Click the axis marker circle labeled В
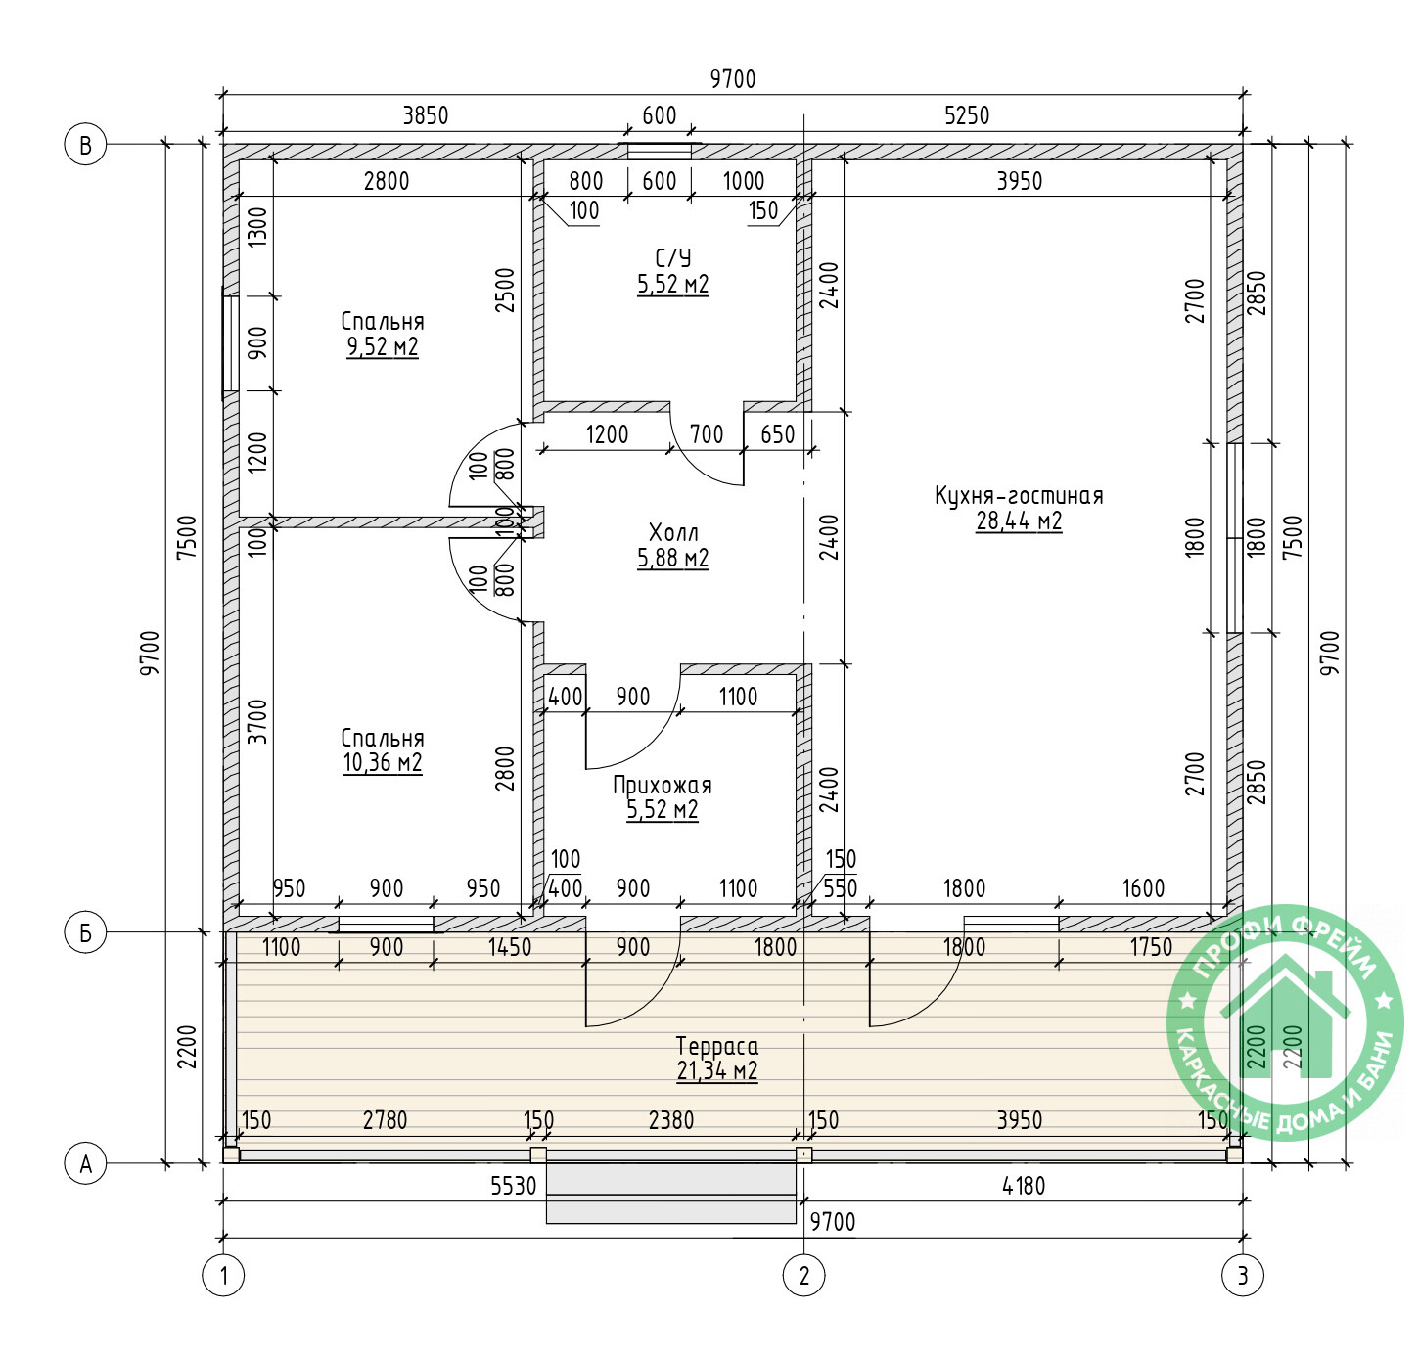pos(85,144)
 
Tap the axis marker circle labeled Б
pos(85,931)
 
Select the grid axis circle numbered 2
pos(803,1275)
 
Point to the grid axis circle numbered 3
pos(1243,1275)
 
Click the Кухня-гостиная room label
pos(1019,495)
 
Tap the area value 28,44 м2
pos(1019,521)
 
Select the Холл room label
pos(672,532)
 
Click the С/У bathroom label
pos(672,258)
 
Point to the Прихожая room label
pos(662,785)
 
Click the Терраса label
pos(717,1046)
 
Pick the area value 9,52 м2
pos(383,346)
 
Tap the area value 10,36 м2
pos(383,763)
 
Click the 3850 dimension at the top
pos(426,115)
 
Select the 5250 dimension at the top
pos(967,115)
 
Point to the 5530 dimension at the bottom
pos(513,1186)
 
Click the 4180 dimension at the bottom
pos(1023,1186)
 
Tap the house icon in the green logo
pos(1286,1018)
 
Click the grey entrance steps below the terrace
pos(671,1193)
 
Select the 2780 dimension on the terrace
pos(385,1120)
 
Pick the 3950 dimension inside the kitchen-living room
pos(1020,181)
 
